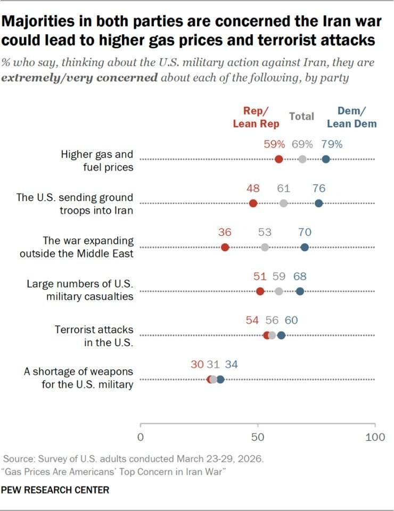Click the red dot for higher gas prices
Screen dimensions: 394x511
[278, 159]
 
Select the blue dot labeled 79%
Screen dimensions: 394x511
[325, 159]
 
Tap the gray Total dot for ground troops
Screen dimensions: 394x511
[284, 203]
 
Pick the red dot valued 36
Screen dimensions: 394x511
[225, 248]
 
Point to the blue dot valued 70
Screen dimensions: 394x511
[305, 248]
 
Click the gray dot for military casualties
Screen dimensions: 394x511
[278, 291]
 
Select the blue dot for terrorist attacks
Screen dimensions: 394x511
[281, 335]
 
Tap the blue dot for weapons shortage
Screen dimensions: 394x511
[220, 380]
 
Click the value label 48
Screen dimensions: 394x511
[253, 188]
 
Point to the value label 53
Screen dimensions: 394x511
[265, 233]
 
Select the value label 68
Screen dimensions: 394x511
[300, 276]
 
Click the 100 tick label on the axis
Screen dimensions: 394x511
[375, 437]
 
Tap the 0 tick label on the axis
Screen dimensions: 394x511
[141, 437]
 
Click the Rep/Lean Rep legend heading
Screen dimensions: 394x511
[256, 117]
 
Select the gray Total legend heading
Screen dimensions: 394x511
[302, 117]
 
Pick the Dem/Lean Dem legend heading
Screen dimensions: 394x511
[351, 117]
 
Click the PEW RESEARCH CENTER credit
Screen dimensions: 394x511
[55, 490]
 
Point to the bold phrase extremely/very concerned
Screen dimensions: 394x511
[79, 78]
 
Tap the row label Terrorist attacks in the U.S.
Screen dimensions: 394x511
[94, 336]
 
